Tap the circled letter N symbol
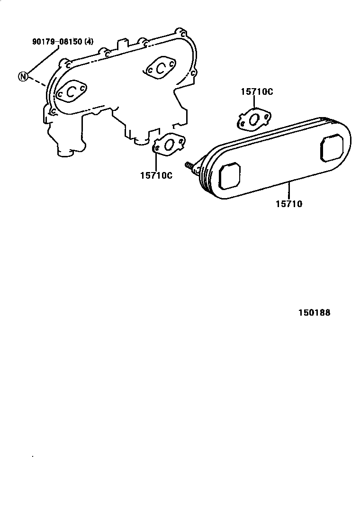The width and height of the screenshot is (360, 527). click(22, 76)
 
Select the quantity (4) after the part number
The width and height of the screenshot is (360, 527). click(89, 42)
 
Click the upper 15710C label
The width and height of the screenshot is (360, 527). click(257, 92)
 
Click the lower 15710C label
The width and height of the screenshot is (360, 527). click(156, 175)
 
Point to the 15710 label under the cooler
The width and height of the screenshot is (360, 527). click(288, 204)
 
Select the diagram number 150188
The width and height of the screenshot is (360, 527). click(314, 313)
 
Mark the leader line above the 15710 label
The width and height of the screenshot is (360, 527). click(288, 190)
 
